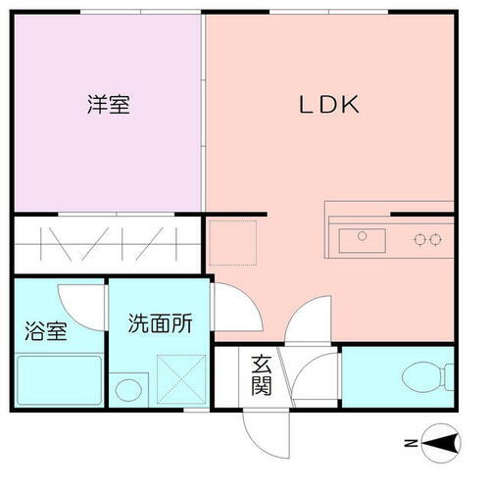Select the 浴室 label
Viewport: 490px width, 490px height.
tap(45, 330)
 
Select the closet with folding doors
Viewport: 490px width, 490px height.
tap(99, 242)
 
